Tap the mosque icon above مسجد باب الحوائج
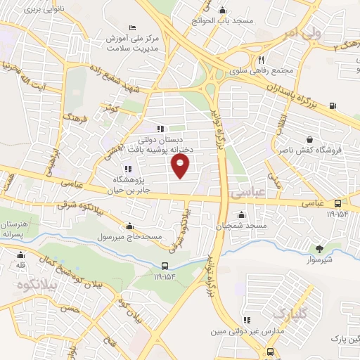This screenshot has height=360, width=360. point(223,10)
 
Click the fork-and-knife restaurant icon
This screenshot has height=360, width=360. point(261,60)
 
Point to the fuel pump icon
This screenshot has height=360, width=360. point(332,107)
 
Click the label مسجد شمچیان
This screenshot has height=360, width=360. point(243,225)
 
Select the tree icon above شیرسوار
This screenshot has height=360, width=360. point(320,248)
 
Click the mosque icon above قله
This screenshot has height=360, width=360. point(22,255)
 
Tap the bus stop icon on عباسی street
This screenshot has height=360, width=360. point(338,204)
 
